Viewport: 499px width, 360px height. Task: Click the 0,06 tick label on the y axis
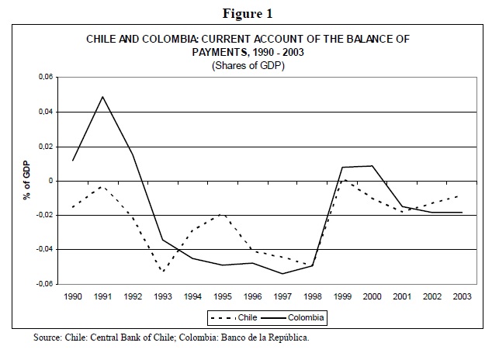[47, 78]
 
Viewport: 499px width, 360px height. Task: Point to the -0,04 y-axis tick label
[45, 249]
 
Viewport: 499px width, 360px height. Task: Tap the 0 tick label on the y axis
[52, 181]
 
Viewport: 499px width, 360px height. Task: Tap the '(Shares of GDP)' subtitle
[249, 65]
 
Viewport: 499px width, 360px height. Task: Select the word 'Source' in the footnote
[49, 338]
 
